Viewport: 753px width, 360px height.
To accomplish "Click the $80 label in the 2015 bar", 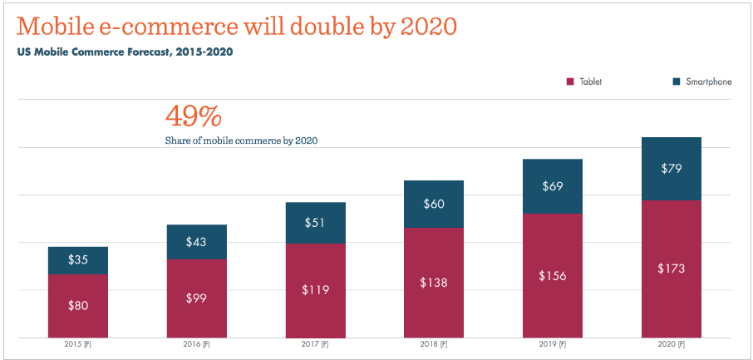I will coord(78,305).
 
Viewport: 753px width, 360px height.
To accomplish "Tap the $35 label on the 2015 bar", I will coord(78,260).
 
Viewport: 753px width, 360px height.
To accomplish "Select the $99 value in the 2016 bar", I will coord(196,298).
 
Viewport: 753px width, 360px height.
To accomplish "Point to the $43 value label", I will coord(196,241).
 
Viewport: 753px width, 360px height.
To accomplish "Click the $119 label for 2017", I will coord(315,290).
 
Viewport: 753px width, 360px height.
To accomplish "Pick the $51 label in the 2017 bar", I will coord(315,222).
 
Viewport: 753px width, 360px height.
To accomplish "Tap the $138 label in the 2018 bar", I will coord(434,283).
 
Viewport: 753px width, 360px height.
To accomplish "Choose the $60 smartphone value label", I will coord(434,204).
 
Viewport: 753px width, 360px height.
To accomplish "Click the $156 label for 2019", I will coord(552,275).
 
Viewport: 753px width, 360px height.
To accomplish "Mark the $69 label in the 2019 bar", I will coord(552,186).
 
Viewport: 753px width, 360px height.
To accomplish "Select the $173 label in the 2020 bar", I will coord(671,269).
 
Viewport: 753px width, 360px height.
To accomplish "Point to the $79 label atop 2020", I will coord(671,169).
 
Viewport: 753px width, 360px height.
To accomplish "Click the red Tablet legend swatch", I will coord(570,81).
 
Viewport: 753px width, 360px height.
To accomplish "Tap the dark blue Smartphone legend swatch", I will coord(676,81).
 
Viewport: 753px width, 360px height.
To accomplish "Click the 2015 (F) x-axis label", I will coord(78,344).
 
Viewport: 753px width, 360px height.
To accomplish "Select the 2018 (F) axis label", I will coord(434,344).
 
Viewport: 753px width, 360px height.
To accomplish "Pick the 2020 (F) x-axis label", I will coord(671,344).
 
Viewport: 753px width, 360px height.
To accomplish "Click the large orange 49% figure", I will coord(194,116).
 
